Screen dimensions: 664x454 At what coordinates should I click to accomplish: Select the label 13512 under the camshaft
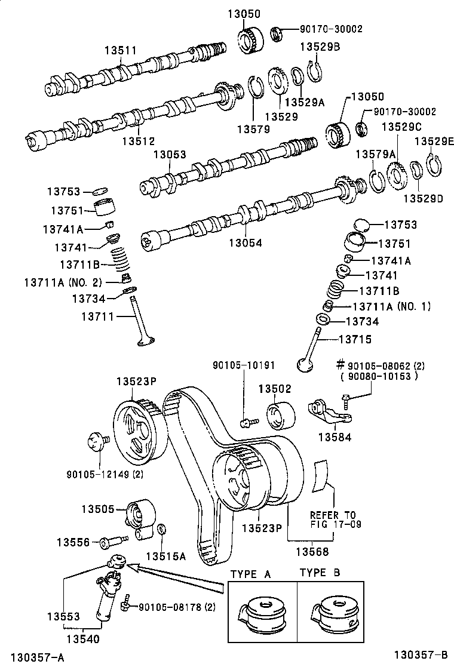[x=138, y=141]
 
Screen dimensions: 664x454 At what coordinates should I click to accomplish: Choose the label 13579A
[x=376, y=154]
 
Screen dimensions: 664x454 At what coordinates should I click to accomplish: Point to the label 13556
[x=73, y=542]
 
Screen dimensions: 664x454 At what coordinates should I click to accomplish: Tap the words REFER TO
[x=333, y=515]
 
